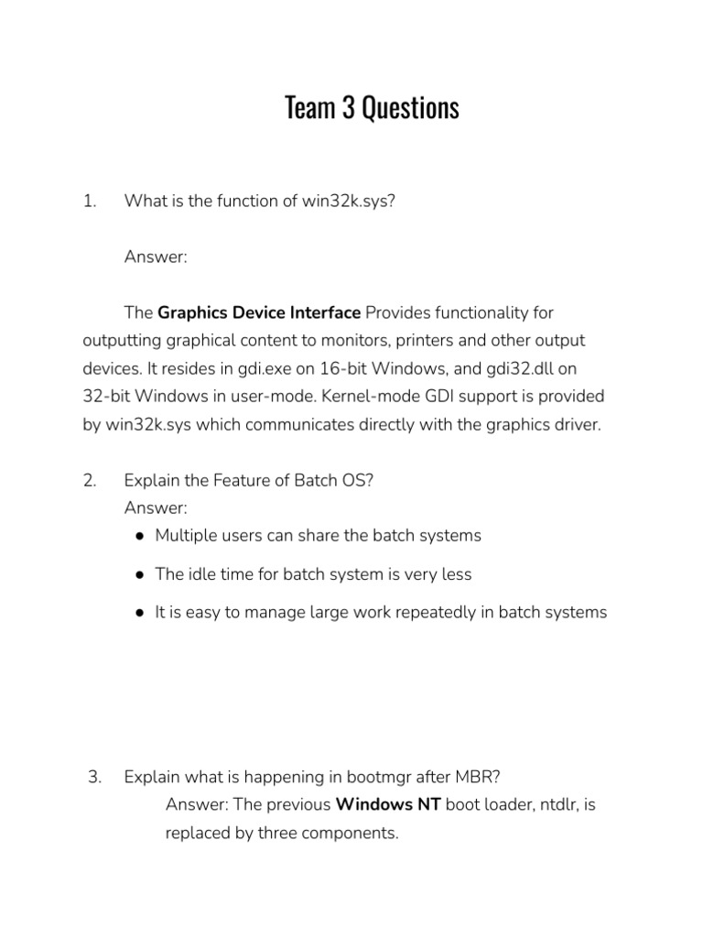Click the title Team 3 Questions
[372, 108]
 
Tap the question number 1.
[89, 202]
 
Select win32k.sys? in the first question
[349, 202]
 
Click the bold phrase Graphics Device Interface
[259, 313]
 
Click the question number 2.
[89, 482]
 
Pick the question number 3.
[93, 777]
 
